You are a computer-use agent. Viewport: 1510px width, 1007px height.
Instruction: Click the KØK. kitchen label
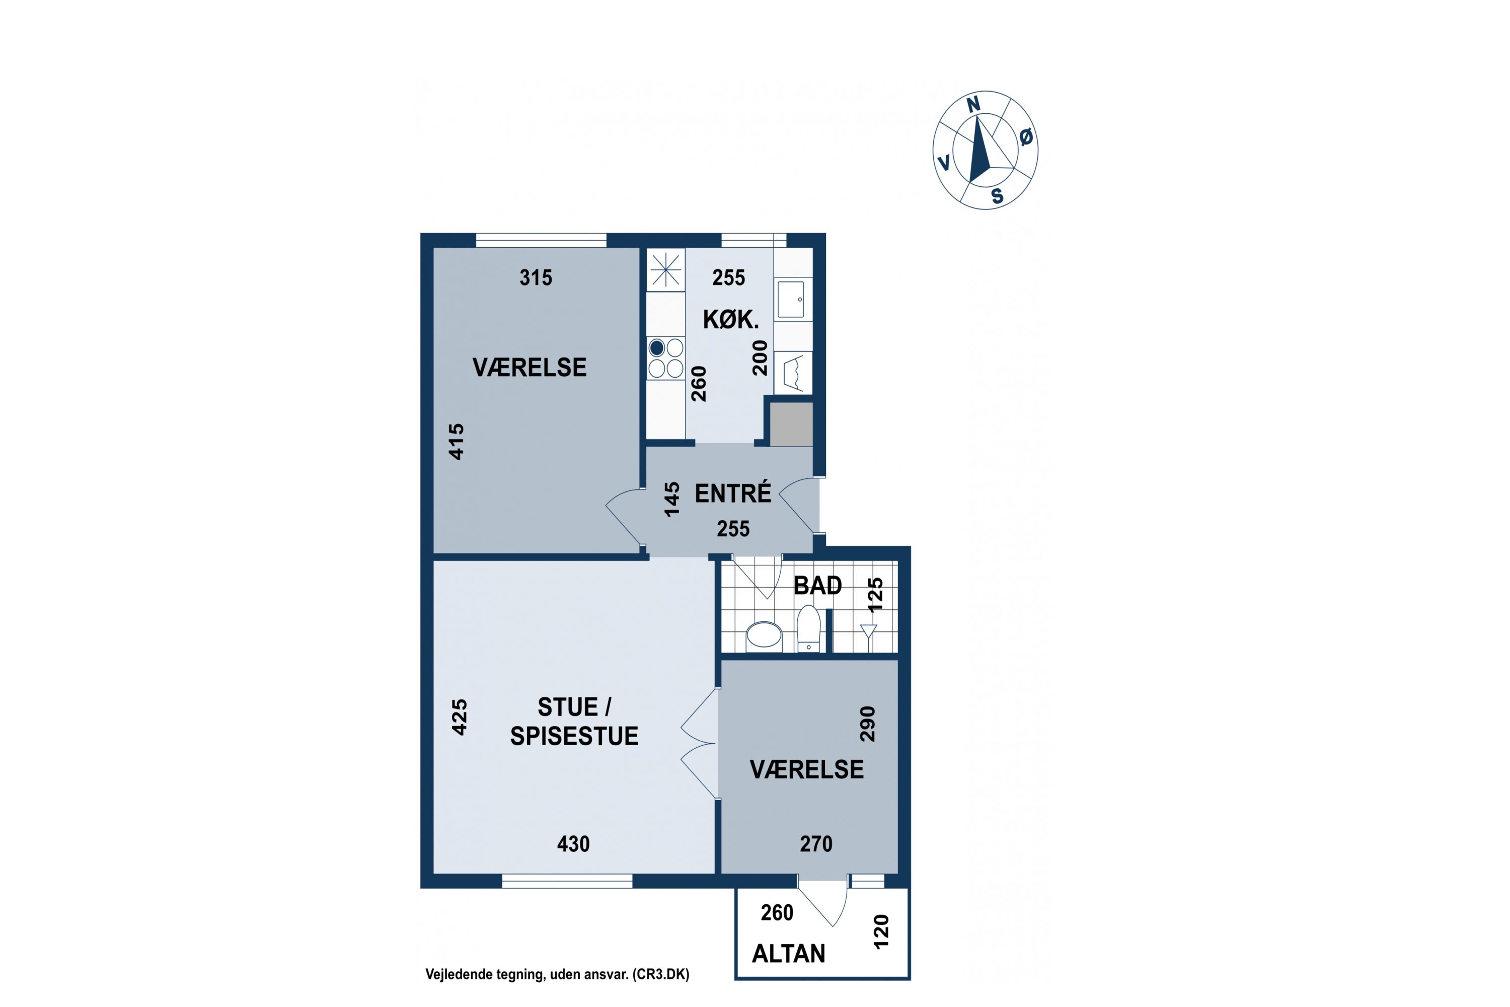[x=731, y=319]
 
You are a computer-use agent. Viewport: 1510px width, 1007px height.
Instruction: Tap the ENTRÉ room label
[x=732, y=493]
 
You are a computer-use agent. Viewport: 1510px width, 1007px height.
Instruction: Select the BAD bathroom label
[x=817, y=585]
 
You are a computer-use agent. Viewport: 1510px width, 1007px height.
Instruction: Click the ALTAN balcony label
[x=788, y=954]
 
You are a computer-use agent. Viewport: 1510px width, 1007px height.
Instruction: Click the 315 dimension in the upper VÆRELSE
[x=536, y=277]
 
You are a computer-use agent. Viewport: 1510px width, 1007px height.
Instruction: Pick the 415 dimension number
[x=456, y=441]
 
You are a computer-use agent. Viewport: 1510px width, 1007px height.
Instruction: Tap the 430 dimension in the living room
[x=573, y=844]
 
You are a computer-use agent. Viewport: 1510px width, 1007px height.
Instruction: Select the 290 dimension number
[x=867, y=724]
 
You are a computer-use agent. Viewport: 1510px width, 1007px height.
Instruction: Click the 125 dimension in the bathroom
[x=875, y=595]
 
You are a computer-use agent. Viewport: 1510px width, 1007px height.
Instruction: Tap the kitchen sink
[x=790, y=299]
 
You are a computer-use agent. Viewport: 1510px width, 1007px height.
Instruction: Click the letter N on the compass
[x=973, y=105]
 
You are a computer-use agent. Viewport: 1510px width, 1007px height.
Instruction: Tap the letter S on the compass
[x=997, y=196]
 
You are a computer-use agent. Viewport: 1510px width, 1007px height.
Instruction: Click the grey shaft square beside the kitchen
[x=791, y=424]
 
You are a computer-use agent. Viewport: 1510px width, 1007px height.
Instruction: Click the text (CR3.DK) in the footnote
[x=660, y=974]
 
